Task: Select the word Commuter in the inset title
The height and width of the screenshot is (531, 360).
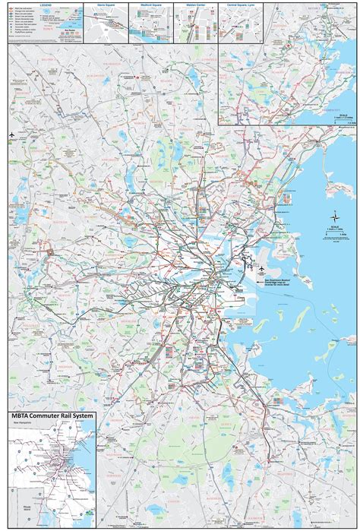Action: point(47,417)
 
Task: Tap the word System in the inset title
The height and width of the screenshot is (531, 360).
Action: point(78,417)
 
